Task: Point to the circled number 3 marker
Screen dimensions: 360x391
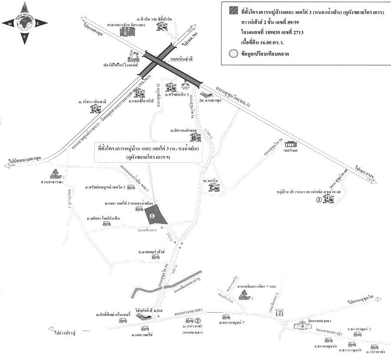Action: point(319,200)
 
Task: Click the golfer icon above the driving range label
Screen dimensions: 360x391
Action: point(133,55)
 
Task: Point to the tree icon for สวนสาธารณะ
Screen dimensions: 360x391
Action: point(55,174)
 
